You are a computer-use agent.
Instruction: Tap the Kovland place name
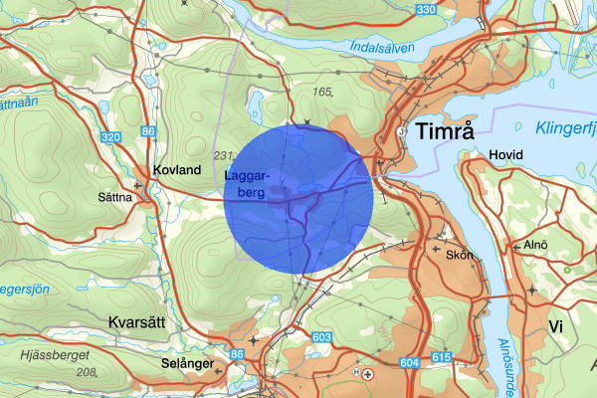click(x=177, y=170)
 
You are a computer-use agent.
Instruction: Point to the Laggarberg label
click(x=245, y=185)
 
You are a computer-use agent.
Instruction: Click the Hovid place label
click(x=506, y=155)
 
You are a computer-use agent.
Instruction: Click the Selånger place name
click(x=187, y=364)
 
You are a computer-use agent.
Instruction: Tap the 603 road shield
click(x=320, y=338)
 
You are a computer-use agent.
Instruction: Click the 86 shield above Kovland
click(x=148, y=130)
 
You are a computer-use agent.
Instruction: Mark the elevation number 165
click(x=320, y=92)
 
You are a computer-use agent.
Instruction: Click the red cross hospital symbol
click(x=369, y=374)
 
